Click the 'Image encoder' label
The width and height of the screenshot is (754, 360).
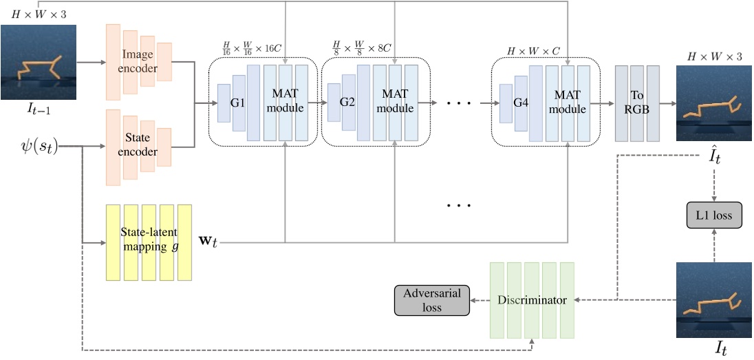click(x=140, y=62)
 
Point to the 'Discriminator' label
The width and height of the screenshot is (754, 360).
click(x=531, y=300)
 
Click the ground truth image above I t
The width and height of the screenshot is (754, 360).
click(x=711, y=300)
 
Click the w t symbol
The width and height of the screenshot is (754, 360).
click(x=208, y=243)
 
